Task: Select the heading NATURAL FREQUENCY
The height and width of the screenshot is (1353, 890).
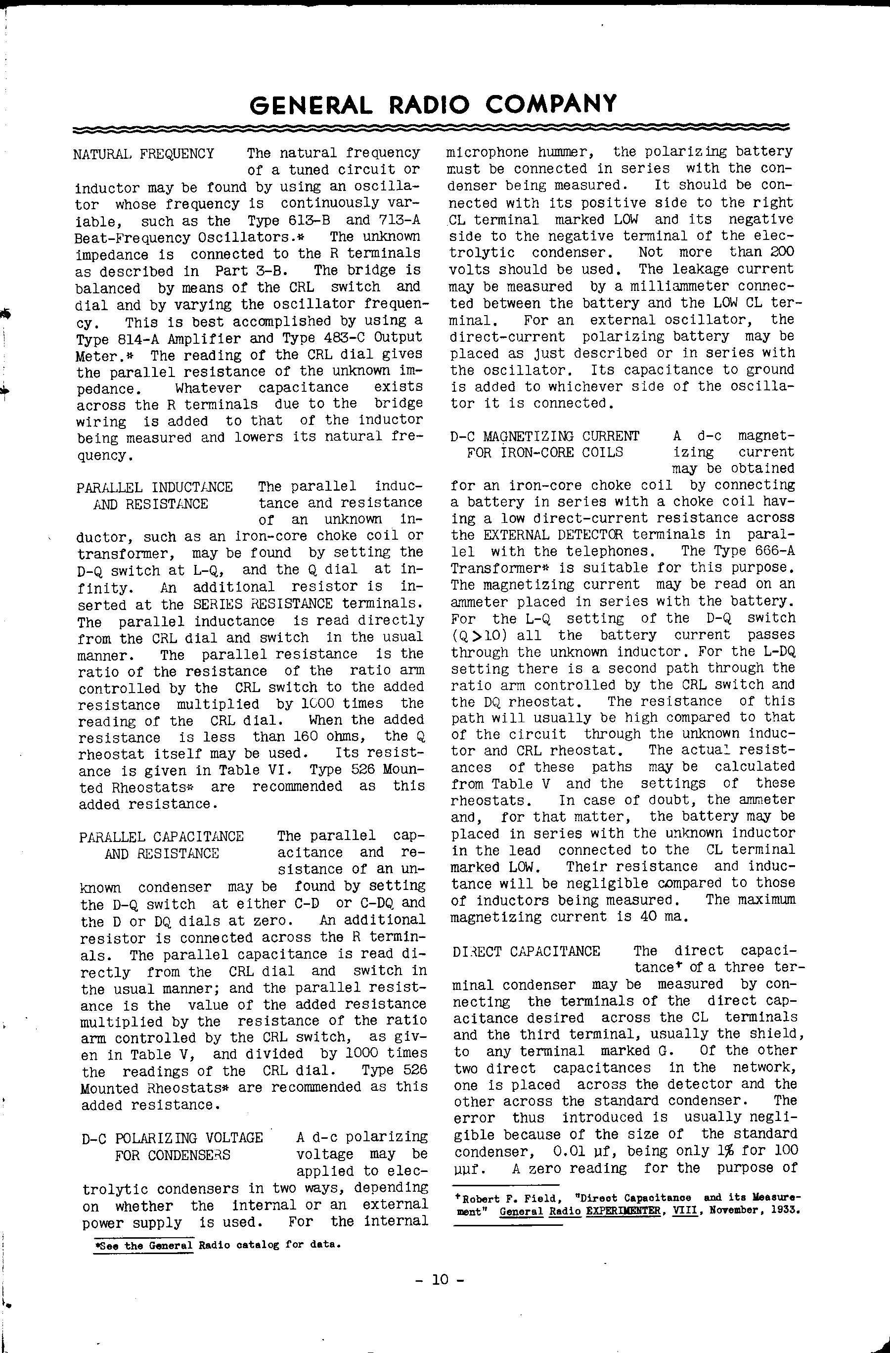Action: [144, 154]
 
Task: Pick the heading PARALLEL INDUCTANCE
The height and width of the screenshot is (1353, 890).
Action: [155, 487]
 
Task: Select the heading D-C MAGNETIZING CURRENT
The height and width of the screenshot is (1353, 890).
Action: [544, 437]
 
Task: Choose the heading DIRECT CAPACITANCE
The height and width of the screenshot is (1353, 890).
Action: [526, 952]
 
